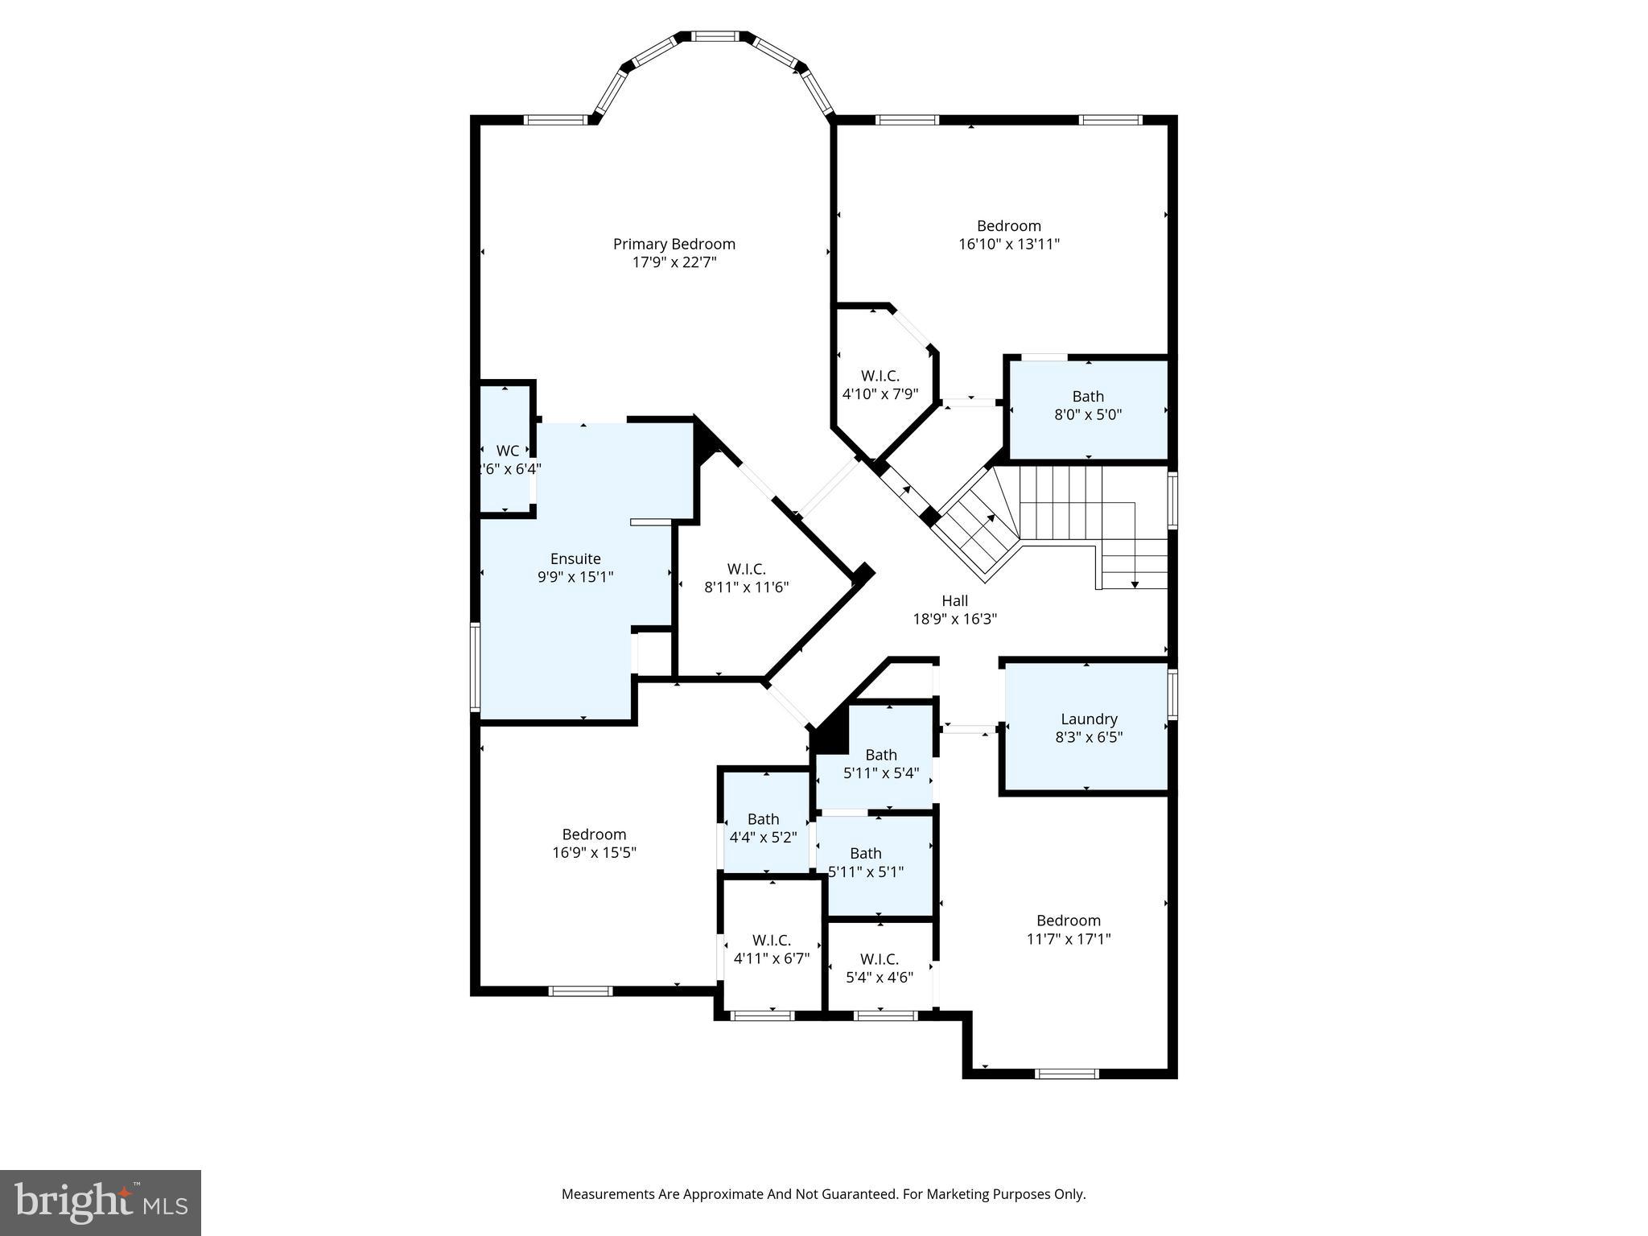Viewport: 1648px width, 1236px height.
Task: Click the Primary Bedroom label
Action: tap(674, 244)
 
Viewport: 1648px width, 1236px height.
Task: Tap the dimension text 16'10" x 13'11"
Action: tap(1008, 244)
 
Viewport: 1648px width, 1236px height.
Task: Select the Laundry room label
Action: tap(1088, 719)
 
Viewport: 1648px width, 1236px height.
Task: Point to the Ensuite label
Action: tap(575, 558)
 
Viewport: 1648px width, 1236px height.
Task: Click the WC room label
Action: tap(508, 451)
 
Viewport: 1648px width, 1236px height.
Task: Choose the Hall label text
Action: tap(954, 600)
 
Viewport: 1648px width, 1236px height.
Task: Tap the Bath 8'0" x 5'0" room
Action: tap(1088, 406)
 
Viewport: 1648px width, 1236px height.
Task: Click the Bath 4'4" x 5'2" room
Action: tap(763, 828)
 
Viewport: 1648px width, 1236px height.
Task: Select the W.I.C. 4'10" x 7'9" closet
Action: tap(880, 385)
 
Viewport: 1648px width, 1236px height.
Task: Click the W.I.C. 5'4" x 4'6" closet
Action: tap(879, 968)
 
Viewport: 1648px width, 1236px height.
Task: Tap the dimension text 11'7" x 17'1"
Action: tap(1068, 938)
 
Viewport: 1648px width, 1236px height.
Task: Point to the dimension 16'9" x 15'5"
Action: tap(594, 852)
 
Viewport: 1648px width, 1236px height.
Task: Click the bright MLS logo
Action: tap(101, 1202)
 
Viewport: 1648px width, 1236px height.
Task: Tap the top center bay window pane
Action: tap(715, 36)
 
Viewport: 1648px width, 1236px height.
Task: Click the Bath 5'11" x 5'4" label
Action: tap(880, 755)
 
